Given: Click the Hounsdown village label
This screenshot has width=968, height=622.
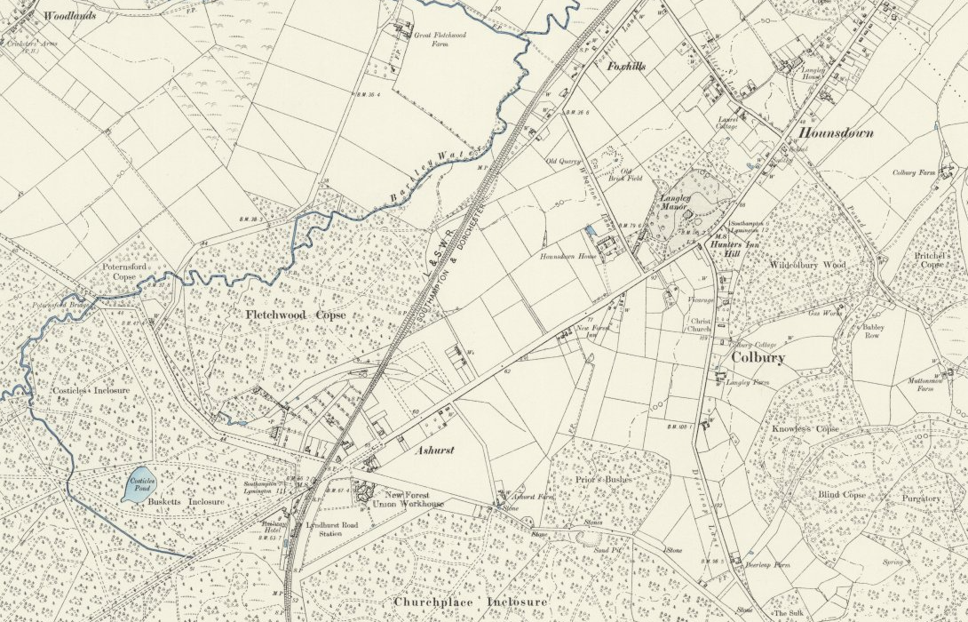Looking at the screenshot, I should tap(836, 133).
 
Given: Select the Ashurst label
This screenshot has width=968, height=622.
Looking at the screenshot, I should tap(435, 451).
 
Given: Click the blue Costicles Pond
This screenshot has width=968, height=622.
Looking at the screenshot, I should tap(139, 487).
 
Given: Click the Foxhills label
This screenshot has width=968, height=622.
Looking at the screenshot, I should tap(626, 67).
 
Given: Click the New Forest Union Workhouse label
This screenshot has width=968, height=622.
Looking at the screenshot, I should tap(412, 498).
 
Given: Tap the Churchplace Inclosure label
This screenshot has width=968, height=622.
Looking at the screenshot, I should tap(470, 602).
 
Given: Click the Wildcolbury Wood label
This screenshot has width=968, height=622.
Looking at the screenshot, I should tap(807, 265).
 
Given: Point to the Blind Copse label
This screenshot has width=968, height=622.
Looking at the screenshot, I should tap(842, 494).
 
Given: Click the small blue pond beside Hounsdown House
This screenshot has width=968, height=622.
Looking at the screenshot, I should tap(591, 230).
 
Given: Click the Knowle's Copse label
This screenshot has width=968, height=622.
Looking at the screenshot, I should tap(805, 429).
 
